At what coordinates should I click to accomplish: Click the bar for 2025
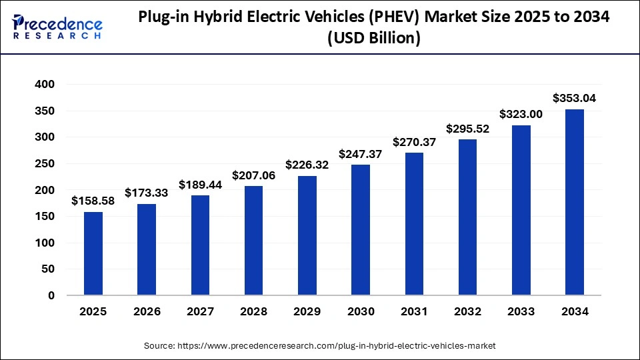93,253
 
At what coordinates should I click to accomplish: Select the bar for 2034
574,202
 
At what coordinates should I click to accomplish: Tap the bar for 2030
361,230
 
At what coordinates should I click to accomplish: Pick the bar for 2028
253,241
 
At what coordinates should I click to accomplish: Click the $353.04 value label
574,98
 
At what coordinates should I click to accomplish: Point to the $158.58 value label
93,201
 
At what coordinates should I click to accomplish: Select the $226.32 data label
307,164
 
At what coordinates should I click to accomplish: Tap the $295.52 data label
467,129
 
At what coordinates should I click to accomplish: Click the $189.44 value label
200,184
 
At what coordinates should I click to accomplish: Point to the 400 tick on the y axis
43,85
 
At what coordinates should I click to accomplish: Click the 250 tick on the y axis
43,164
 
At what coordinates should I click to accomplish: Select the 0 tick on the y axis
50,295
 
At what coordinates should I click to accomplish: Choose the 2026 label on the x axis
147,311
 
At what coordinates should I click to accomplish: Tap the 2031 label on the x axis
414,311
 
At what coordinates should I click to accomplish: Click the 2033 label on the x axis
521,311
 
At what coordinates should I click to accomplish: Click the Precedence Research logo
57,27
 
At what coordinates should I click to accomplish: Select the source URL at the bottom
320,346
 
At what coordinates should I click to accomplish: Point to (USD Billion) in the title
373,39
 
